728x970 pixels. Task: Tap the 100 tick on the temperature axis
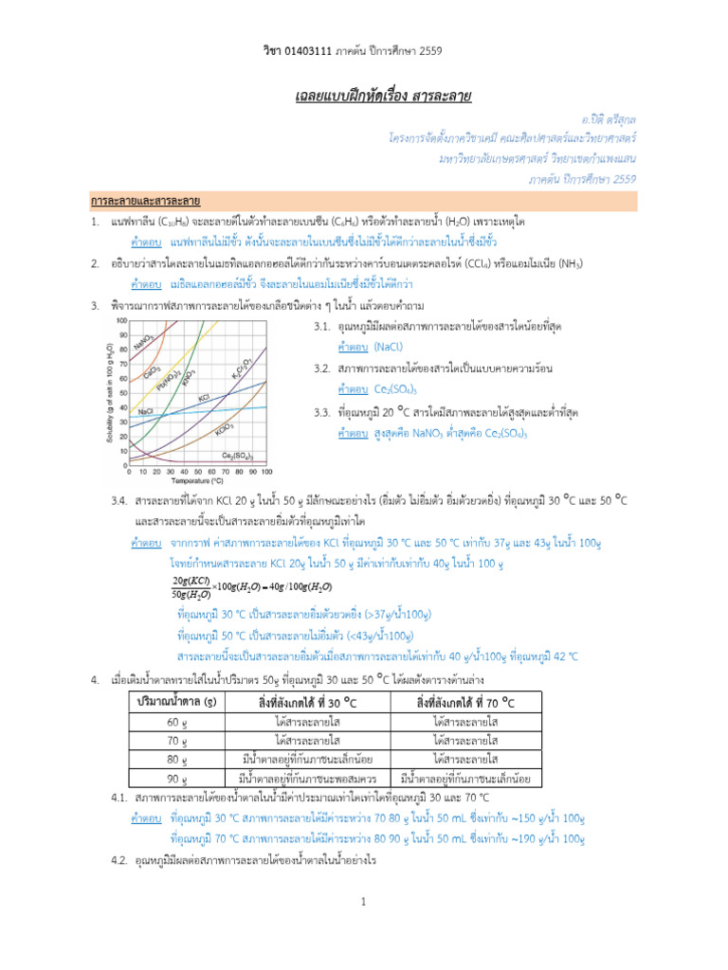(266, 471)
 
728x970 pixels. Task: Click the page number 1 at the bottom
(363, 903)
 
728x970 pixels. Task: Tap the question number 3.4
(119, 499)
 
